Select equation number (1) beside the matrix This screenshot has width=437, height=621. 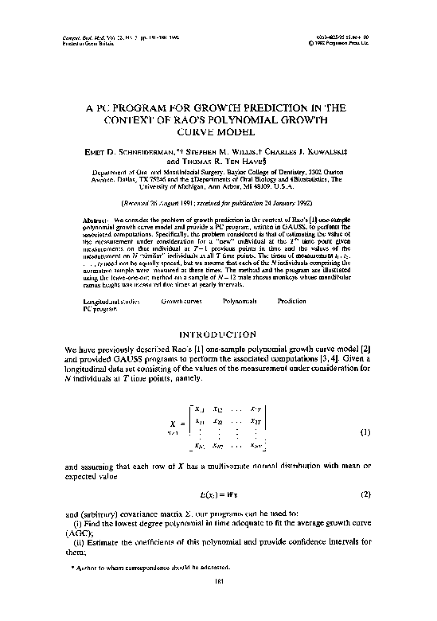365,432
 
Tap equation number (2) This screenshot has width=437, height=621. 365,494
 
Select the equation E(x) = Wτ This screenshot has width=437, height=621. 218,494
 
